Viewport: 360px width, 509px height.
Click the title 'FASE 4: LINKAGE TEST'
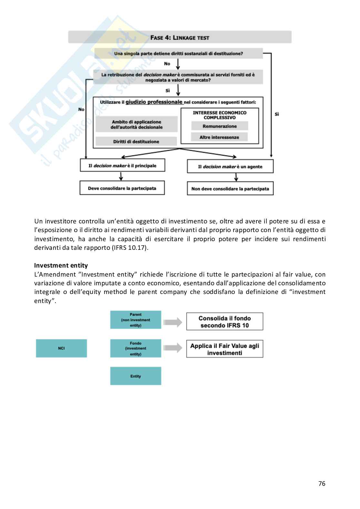click(x=180, y=38)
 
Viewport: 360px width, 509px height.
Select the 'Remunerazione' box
click(x=219, y=126)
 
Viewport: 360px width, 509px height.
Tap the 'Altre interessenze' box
click(x=219, y=137)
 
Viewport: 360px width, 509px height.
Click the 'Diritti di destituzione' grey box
click(x=136, y=142)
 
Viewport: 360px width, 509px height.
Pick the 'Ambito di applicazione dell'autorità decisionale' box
click(x=136, y=124)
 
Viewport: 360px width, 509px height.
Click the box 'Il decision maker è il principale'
click(x=122, y=166)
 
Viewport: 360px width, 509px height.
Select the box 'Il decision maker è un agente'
click(x=230, y=167)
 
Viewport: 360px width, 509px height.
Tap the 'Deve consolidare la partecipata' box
click(x=122, y=188)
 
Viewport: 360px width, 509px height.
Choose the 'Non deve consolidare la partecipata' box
click(x=230, y=189)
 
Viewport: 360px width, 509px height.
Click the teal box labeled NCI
click(x=61, y=348)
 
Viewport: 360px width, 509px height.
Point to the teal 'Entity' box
click(x=135, y=376)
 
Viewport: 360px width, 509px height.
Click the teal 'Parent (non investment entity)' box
click(x=135, y=320)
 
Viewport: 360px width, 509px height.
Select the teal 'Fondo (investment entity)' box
click(x=135, y=348)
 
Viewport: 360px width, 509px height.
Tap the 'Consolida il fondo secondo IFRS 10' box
click(x=225, y=321)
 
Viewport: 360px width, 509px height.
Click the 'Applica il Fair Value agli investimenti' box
click(x=225, y=349)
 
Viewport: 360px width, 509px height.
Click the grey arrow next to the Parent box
click(x=173, y=322)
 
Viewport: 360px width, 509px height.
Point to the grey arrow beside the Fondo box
click(x=173, y=348)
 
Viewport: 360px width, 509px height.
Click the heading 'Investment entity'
click(x=61, y=266)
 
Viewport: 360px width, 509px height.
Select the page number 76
click(x=322, y=484)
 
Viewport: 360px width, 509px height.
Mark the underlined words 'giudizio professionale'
click(x=154, y=102)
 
